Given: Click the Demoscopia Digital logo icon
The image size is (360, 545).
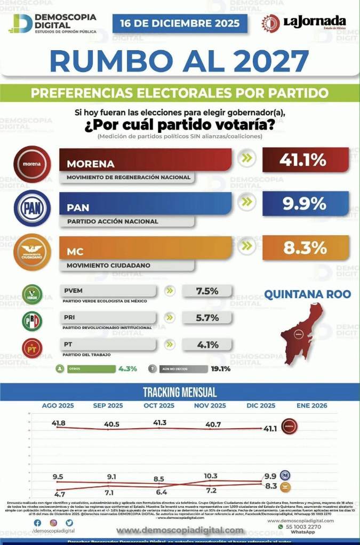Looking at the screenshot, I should (21, 23).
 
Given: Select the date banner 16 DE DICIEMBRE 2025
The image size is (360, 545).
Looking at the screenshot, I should (180, 23).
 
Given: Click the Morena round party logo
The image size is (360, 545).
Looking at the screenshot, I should (32, 164).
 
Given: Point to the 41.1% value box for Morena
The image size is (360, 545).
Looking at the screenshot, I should (306, 159).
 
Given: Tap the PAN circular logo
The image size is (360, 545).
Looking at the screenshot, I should (32, 208).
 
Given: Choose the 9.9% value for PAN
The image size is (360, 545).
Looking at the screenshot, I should (306, 203).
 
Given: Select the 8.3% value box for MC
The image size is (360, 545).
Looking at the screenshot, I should (306, 247).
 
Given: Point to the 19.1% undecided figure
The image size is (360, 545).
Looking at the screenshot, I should (220, 368).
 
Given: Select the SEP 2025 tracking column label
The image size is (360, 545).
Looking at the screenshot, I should (108, 406).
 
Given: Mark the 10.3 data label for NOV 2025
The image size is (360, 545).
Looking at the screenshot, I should (211, 476).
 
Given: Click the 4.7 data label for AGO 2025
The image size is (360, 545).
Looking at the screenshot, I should (59, 494).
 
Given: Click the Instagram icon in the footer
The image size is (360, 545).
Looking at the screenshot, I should (53, 523).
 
